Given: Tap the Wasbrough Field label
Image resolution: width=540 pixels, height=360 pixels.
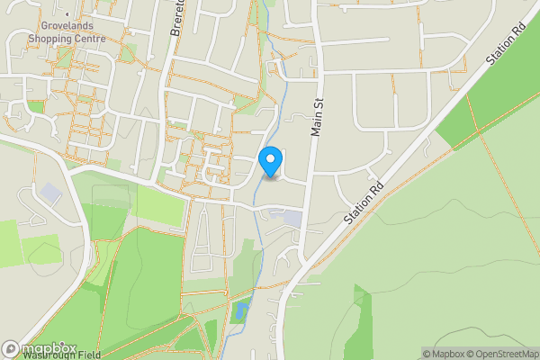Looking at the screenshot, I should (65, 355).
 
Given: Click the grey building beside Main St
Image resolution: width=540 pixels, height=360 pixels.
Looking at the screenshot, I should (292, 218).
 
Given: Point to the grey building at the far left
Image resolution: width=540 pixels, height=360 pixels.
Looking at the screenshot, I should (49, 193).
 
